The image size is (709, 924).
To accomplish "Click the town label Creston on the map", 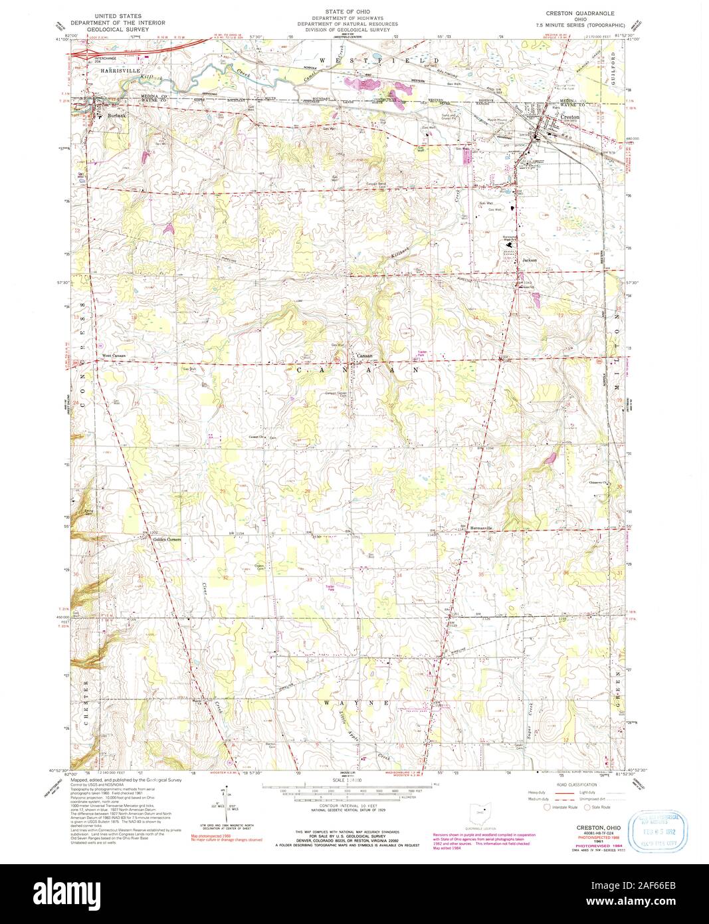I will pos(571,117).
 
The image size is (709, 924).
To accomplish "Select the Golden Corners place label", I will pos(167,539).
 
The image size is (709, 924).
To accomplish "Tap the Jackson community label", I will pos(529,260).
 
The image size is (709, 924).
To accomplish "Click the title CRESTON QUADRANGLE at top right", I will pos(579,13).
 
